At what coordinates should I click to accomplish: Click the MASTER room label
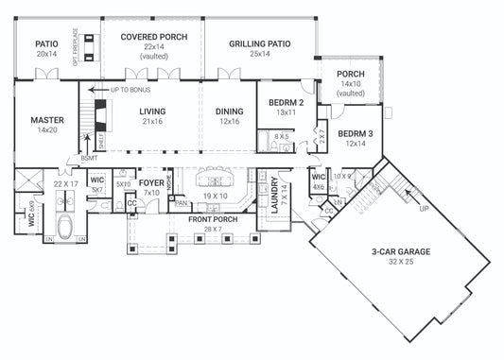point(46,119)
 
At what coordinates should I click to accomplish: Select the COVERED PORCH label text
point(153,37)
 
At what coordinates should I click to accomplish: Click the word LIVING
point(152,111)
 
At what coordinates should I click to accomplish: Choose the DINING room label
point(228,111)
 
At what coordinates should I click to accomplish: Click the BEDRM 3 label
point(356,134)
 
